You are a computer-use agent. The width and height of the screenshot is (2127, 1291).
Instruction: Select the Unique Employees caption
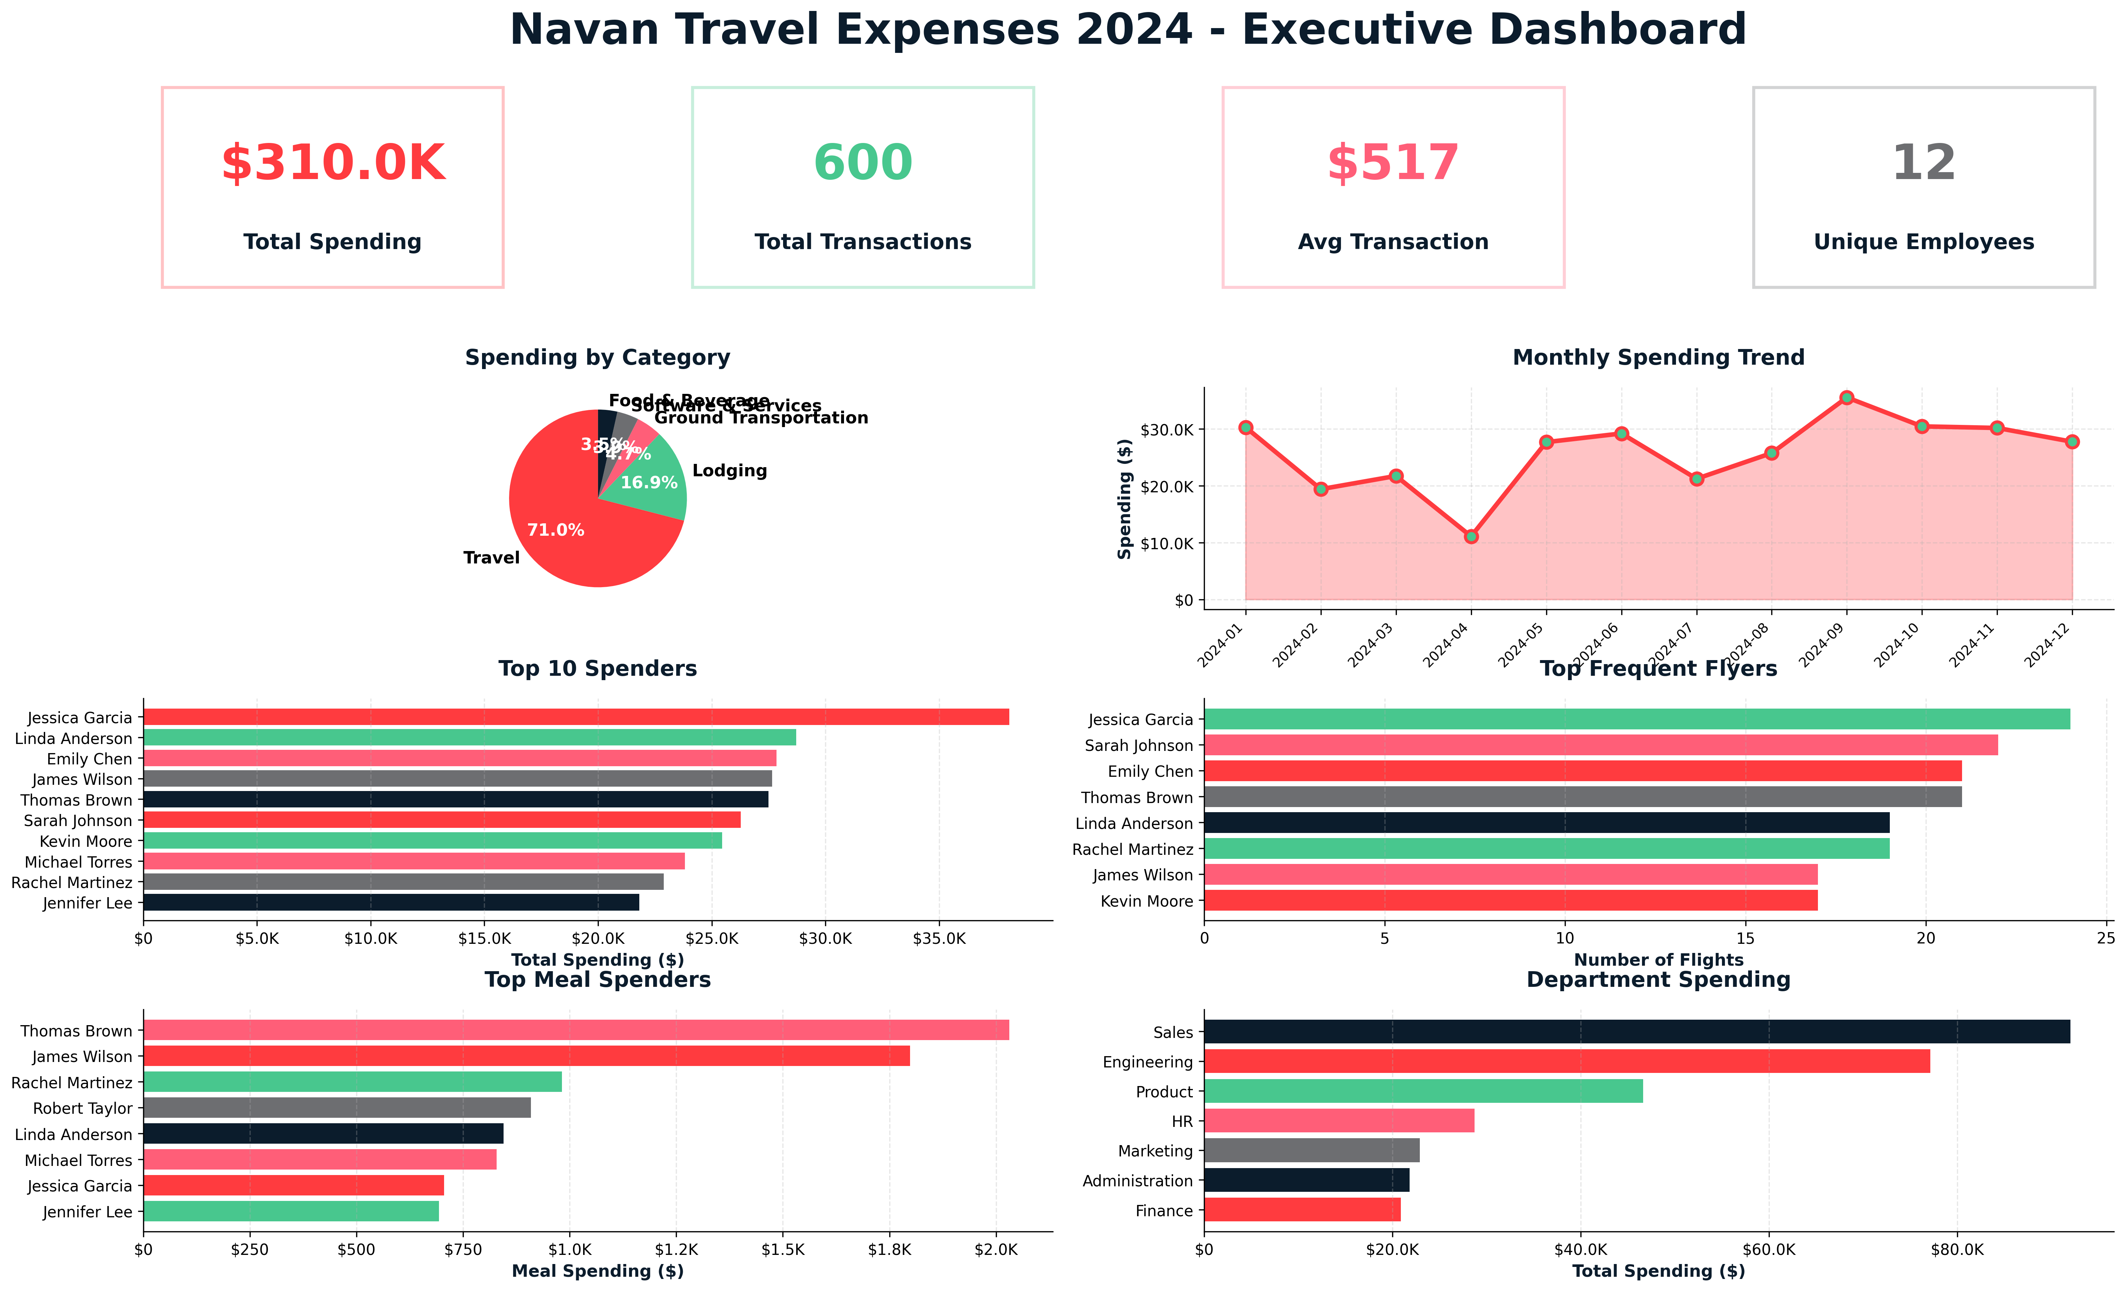[x=1923, y=243]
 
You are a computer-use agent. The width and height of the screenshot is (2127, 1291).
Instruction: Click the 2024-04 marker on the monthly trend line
[x=1471, y=536]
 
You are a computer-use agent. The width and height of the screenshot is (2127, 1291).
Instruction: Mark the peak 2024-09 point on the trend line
[x=1846, y=397]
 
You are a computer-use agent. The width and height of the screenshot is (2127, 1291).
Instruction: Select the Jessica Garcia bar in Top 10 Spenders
[x=576, y=717]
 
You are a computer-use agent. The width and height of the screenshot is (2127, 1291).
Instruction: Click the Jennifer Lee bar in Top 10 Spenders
[x=391, y=903]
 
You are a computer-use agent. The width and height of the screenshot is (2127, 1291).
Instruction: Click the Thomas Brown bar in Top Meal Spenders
[x=576, y=1030]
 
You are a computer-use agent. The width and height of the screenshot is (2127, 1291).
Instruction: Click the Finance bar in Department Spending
[x=1302, y=1210]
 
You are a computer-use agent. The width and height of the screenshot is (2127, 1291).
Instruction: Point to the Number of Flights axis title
[x=1658, y=959]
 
